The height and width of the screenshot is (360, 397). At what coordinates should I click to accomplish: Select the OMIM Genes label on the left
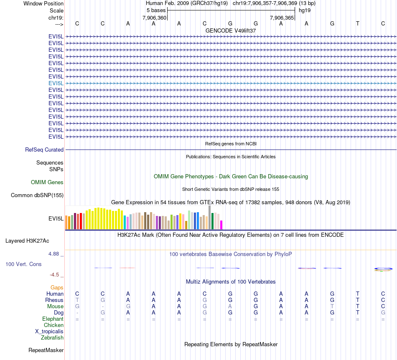(x=47, y=182)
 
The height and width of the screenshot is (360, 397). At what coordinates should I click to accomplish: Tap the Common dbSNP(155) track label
(x=37, y=195)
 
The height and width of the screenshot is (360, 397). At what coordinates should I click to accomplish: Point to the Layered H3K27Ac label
(x=27, y=241)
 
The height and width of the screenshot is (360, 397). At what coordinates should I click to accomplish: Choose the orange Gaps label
(x=57, y=287)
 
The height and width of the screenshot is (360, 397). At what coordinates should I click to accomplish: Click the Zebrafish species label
(x=52, y=337)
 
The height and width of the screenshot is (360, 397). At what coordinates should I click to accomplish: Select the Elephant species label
(x=53, y=319)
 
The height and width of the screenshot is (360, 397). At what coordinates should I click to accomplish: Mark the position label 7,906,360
(x=154, y=18)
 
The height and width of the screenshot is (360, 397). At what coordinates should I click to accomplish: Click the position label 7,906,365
(x=282, y=18)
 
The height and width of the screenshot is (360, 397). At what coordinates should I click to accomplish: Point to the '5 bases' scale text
(x=156, y=10)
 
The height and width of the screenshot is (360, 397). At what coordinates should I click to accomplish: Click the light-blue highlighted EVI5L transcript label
(x=56, y=83)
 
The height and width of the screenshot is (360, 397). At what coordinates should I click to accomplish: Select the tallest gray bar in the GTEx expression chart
(x=210, y=217)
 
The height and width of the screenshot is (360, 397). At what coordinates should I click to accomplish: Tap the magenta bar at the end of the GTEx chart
(x=221, y=225)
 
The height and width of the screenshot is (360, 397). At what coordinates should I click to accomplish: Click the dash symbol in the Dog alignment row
(x=77, y=312)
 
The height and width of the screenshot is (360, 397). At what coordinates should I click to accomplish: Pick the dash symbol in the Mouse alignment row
(x=103, y=306)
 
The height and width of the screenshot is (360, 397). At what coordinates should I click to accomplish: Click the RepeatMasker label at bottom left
(x=46, y=350)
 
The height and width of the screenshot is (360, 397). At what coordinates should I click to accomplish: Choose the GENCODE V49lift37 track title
(x=231, y=30)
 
